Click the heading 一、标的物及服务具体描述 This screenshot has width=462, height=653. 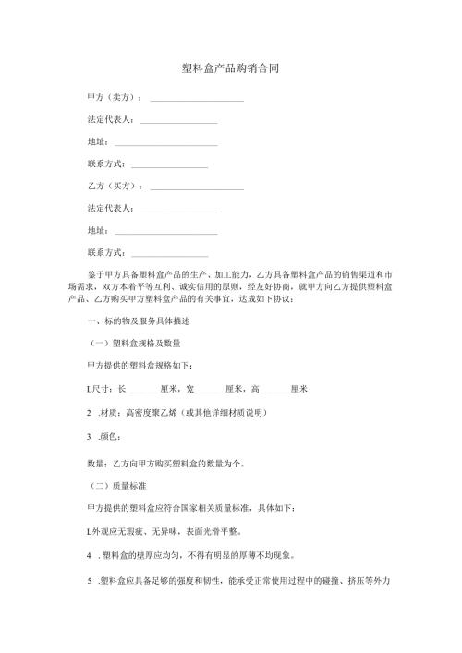(x=138, y=320)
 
